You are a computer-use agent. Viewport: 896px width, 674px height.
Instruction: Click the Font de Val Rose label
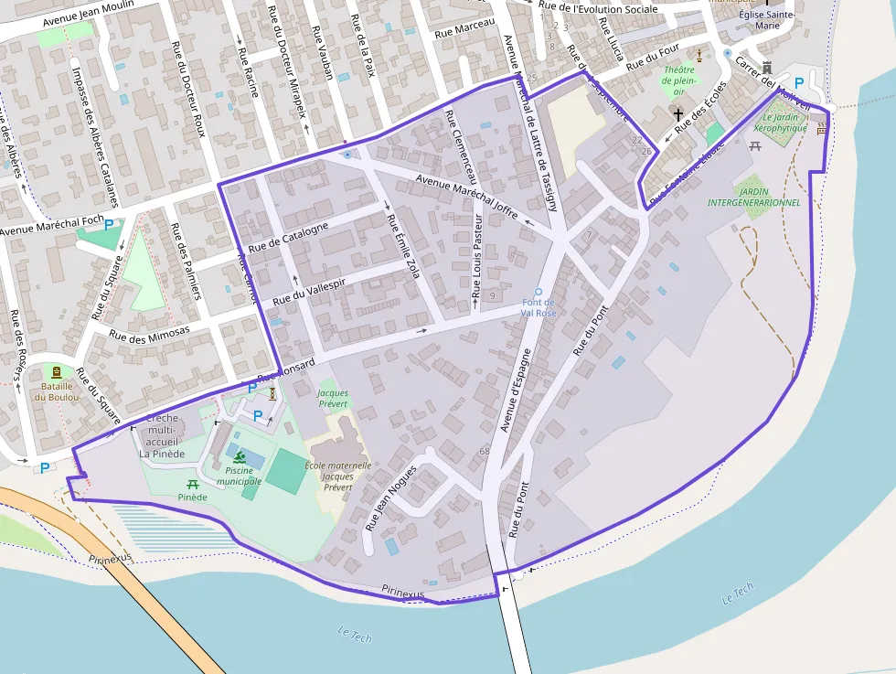coord(538,307)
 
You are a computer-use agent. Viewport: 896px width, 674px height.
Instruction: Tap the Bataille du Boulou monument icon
coord(57,372)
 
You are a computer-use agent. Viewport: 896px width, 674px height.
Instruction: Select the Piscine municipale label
coord(239,476)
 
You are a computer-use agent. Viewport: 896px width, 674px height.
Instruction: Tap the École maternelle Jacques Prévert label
coord(338,476)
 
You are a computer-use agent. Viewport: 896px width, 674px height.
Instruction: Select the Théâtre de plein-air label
coord(679,80)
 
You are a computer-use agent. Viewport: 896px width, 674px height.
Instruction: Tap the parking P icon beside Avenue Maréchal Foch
coord(110,225)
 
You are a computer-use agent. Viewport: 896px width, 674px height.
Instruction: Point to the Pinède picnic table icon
coord(193,484)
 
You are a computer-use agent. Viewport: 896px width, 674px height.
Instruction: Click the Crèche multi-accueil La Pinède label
coord(162,435)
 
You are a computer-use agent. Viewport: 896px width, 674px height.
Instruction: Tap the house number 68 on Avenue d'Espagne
coord(485,451)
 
